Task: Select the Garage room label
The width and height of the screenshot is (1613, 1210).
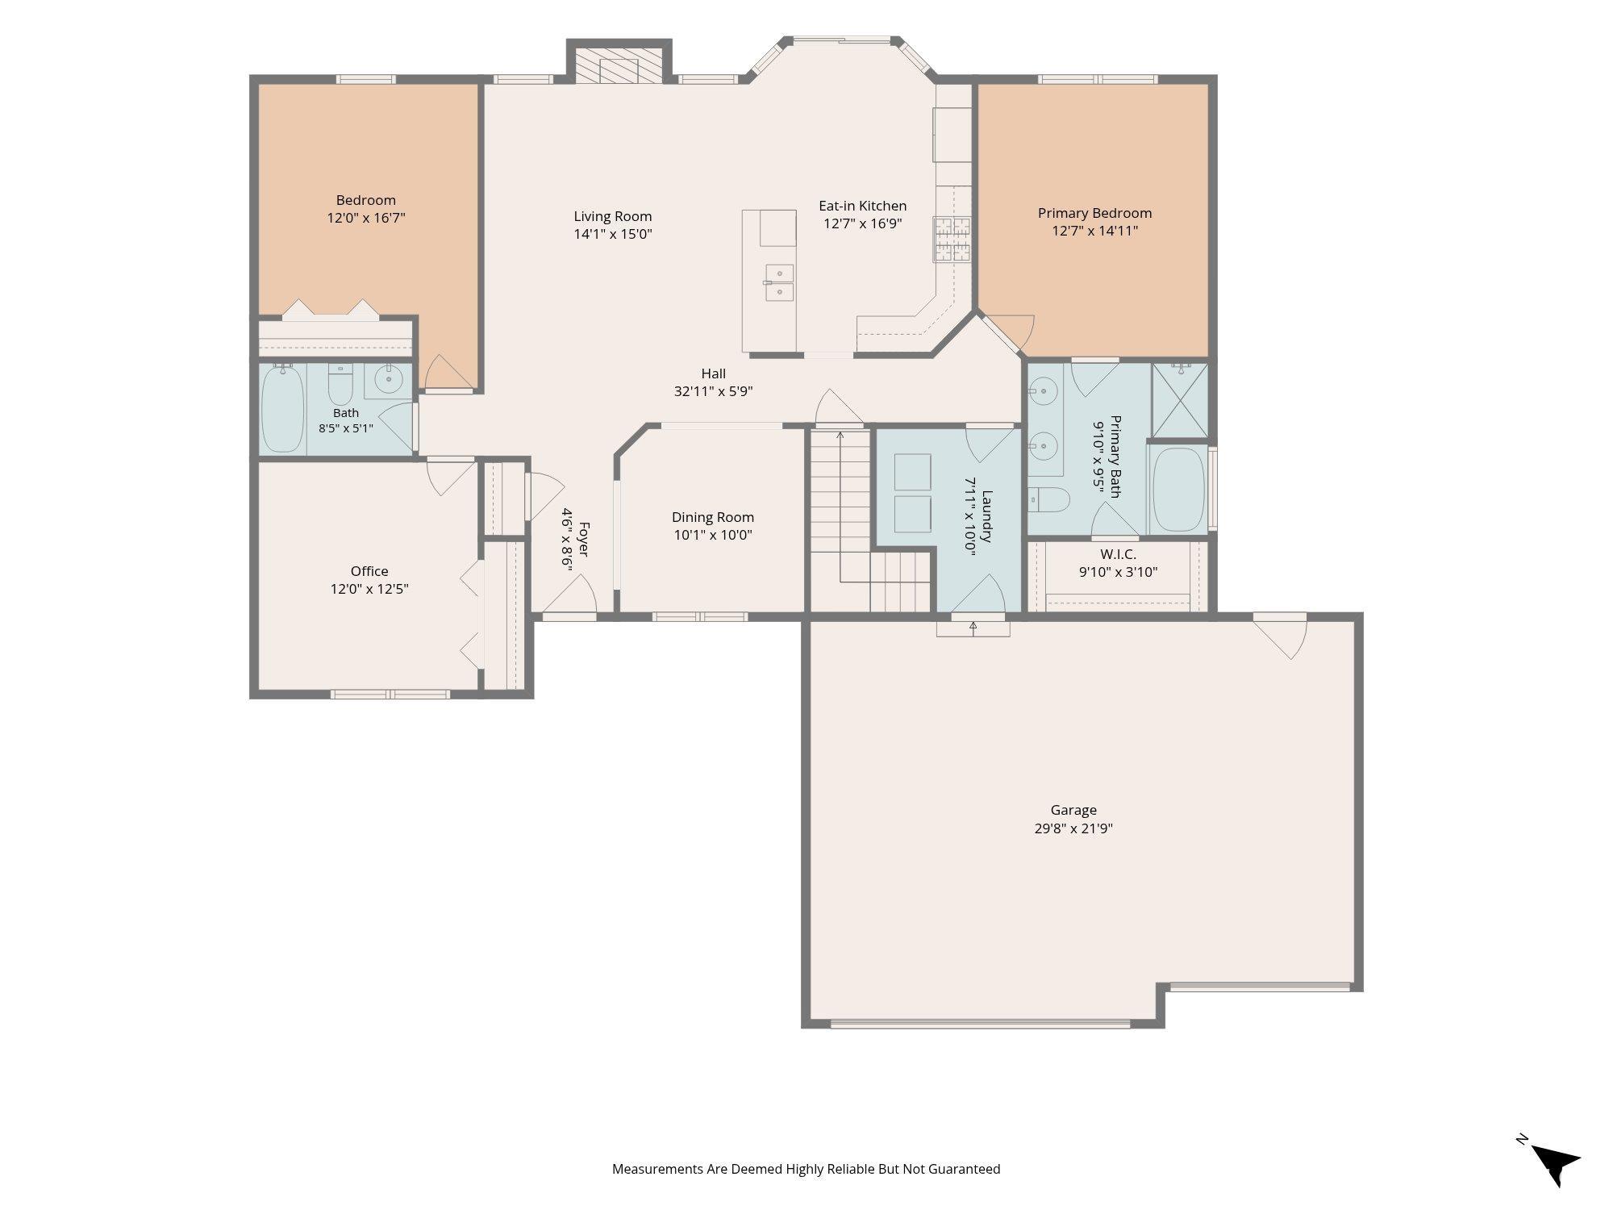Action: pyautogui.click(x=1073, y=810)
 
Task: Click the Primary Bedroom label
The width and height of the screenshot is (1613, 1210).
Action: pyautogui.click(x=1094, y=213)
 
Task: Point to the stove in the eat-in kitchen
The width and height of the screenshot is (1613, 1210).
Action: pyautogui.click(x=952, y=239)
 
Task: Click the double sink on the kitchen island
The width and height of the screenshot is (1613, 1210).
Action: pyautogui.click(x=779, y=283)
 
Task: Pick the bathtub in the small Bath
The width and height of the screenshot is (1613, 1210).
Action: pyautogui.click(x=282, y=408)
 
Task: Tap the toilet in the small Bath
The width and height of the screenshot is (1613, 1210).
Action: pyautogui.click(x=340, y=385)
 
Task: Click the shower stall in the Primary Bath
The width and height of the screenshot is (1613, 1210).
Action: pyautogui.click(x=1179, y=400)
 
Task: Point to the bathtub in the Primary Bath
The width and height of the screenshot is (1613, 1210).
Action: pyautogui.click(x=1178, y=489)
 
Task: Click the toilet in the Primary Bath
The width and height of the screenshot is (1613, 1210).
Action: pyautogui.click(x=1048, y=500)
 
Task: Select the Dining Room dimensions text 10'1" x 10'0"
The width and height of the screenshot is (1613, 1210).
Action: pyautogui.click(x=713, y=535)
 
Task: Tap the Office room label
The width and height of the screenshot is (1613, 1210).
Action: pyautogui.click(x=369, y=571)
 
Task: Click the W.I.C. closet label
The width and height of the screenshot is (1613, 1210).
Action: pyautogui.click(x=1119, y=555)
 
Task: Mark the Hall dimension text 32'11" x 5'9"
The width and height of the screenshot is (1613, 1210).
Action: pyautogui.click(x=714, y=392)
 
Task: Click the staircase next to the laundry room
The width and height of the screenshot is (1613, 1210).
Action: pyautogui.click(x=870, y=520)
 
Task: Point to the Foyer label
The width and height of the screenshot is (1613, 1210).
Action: pyautogui.click(x=585, y=540)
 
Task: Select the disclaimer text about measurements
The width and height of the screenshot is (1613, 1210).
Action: pyautogui.click(x=806, y=1169)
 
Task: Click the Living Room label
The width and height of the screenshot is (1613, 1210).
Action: pyautogui.click(x=613, y=216)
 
